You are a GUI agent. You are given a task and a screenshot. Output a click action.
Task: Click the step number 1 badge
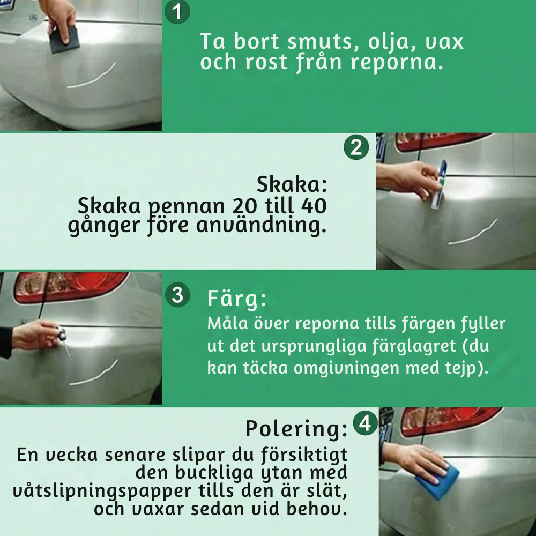pyautogui.click(x=177, y=12)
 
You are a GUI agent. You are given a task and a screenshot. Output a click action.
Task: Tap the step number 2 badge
pyautogui.click(x=356, y=147)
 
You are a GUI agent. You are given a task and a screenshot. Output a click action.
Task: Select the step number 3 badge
pyautogui.click(x=177, y=294)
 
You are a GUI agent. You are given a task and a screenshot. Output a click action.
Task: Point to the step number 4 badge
pyautogui.click(x=366, y=423)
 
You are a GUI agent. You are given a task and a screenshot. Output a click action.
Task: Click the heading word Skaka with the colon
pyautogui.click(x=292, y=184)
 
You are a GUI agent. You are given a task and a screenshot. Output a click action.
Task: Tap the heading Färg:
pyautogui.click(x=236, y=300)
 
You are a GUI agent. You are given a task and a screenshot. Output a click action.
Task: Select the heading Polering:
pyautogui.click(x=296, y=429)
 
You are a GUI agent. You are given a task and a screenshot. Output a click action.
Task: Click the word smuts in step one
pyautogui.click(x=324, y=41)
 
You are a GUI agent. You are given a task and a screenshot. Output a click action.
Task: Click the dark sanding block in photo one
pyautogui.click(x=65, y=39)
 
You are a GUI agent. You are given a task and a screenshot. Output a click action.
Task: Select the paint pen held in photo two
pyautogui.click(x=438, y=184)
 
